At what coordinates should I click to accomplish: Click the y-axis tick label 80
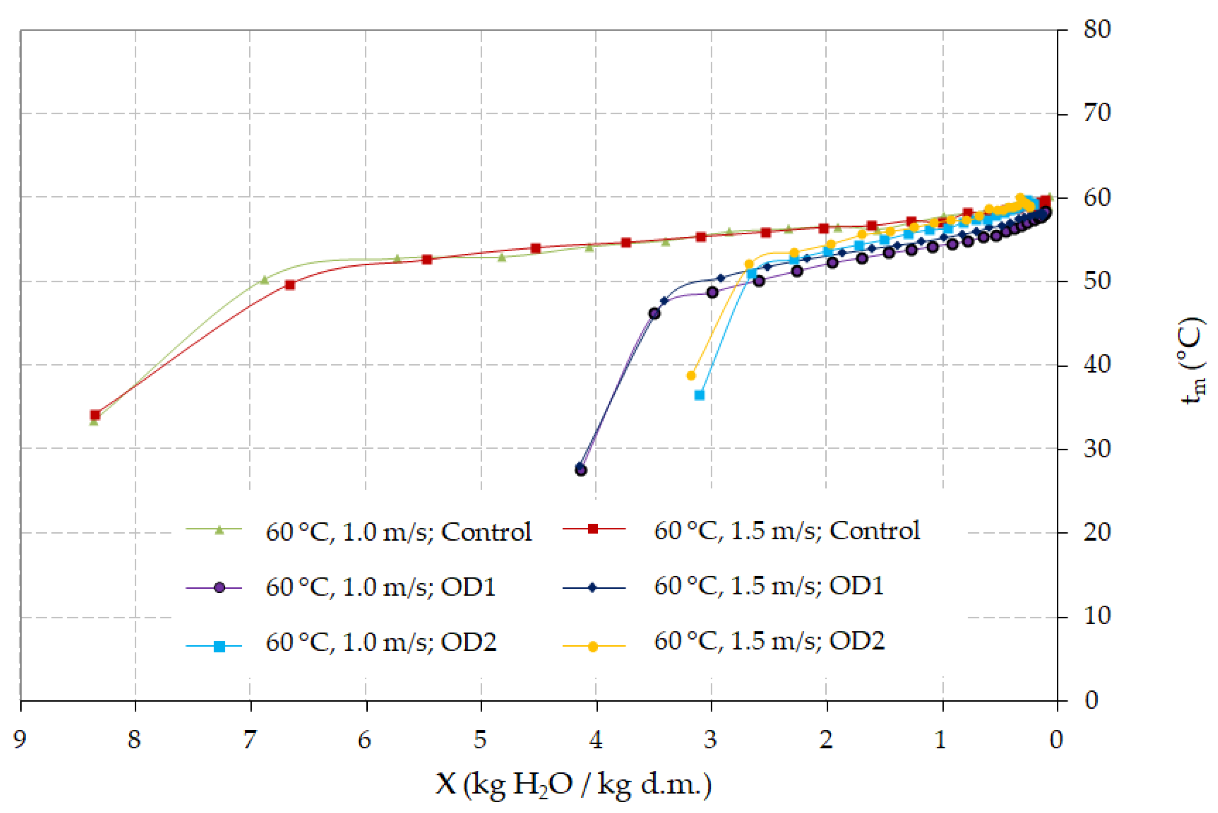point(1097,30)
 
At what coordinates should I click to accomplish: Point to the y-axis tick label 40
point(1097,364)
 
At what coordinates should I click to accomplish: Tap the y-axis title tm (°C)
point(1195,360)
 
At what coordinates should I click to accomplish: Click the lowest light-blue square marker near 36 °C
point(699,395)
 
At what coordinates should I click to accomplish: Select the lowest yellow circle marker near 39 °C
point(691,375)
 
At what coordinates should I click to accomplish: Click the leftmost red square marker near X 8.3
point(95,415)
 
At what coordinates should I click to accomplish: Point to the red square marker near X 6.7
point(290,285)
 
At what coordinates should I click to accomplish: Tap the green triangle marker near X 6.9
point(264,280)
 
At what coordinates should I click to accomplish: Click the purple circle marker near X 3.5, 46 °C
point(655,314)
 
